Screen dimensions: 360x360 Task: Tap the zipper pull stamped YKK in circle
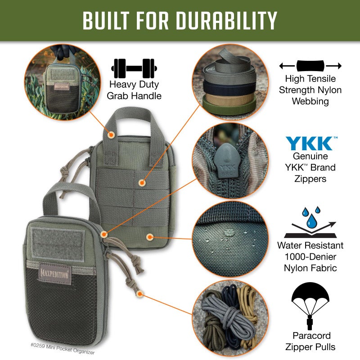[223, 161]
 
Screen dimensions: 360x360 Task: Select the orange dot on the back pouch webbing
[142, 183]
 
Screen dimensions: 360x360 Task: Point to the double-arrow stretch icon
[310, 66]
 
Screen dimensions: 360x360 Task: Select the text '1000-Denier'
[310, 257]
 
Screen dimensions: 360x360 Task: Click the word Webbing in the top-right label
[310, 101]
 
